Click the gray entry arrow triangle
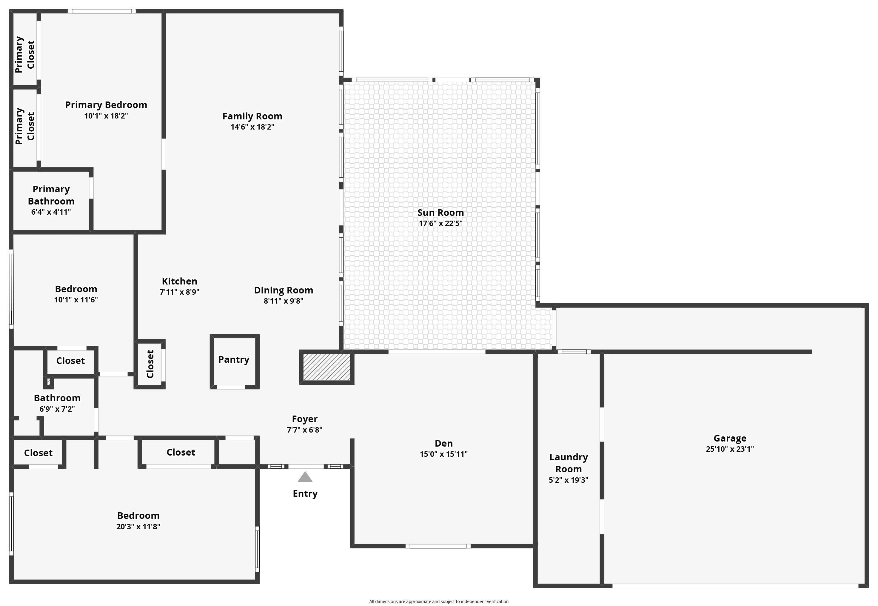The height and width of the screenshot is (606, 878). (305, 477)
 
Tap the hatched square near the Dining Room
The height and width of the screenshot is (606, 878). (326, 367)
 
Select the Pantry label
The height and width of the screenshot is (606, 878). (234, 360)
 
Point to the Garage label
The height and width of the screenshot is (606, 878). (730, 438)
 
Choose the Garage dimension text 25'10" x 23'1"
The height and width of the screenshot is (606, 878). (730, 449)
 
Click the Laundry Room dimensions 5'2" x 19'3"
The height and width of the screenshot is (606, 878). (568, 480)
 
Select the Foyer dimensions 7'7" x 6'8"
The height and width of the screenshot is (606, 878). (304, 430)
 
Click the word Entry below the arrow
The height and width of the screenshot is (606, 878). (305, 494)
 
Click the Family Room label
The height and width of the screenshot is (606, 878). (252, 116)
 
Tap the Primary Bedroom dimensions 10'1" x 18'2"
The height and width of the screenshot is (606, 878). (106, 116)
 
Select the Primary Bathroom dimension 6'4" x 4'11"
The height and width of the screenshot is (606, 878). (51, 212)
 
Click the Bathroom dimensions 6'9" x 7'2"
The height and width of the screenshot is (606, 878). (57, 409)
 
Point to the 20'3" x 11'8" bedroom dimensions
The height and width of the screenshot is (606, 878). (138, 527)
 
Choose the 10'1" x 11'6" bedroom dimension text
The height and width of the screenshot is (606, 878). (76, 300)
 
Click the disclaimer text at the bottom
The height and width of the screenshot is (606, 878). (438, 602)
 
